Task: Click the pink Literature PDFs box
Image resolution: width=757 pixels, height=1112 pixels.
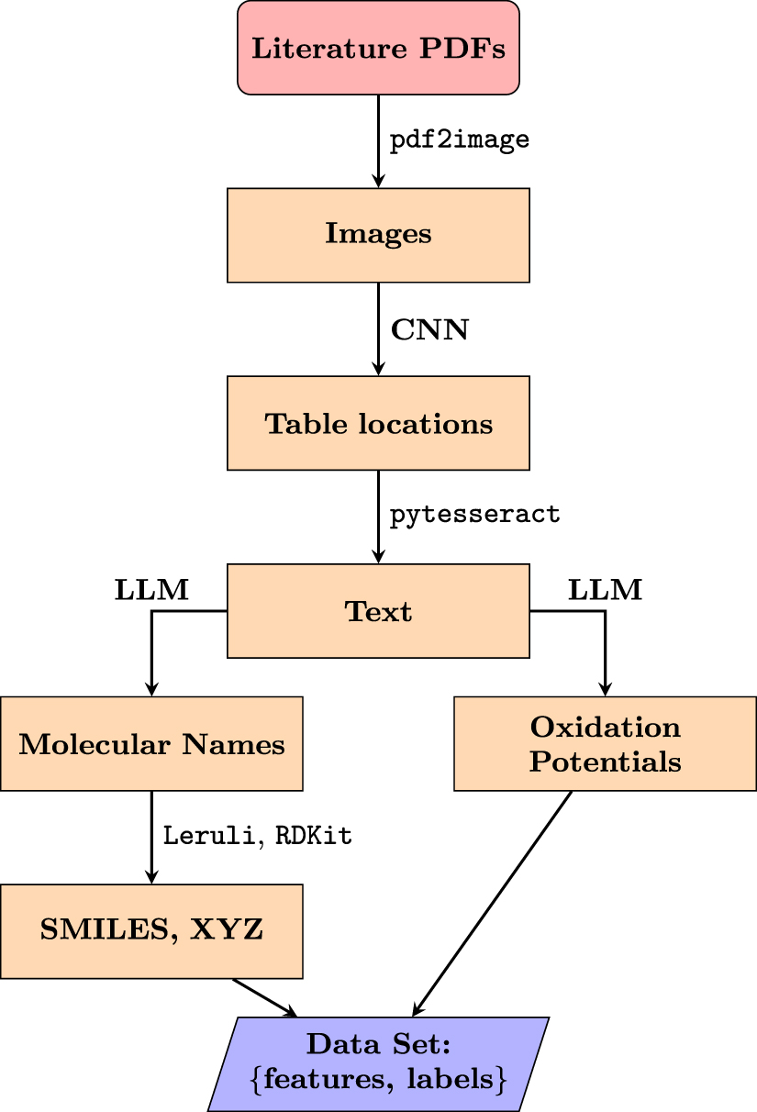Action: pos(378,48)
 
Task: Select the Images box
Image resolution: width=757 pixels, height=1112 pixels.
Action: pos(378,235)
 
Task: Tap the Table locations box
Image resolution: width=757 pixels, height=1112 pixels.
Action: pos(378,424)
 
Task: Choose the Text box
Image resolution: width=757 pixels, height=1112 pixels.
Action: pos(378,611)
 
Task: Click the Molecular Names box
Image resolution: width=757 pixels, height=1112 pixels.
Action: pos(151,743)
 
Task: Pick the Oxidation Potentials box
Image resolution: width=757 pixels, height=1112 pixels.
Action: pos(605,743)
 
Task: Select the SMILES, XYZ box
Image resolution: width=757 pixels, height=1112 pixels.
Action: pos(151,931)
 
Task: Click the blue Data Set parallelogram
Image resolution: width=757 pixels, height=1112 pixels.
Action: pos(378,1063)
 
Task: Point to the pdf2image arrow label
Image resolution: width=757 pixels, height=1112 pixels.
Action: pos(460,140)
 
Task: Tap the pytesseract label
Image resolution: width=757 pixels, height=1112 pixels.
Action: pos(474,515)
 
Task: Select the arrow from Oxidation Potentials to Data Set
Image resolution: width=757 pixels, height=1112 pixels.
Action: pos(495,900)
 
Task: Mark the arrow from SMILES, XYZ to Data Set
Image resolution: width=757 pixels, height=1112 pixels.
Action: pos(266,997)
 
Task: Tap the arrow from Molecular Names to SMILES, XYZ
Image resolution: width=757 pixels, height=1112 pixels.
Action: pos(151,836)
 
